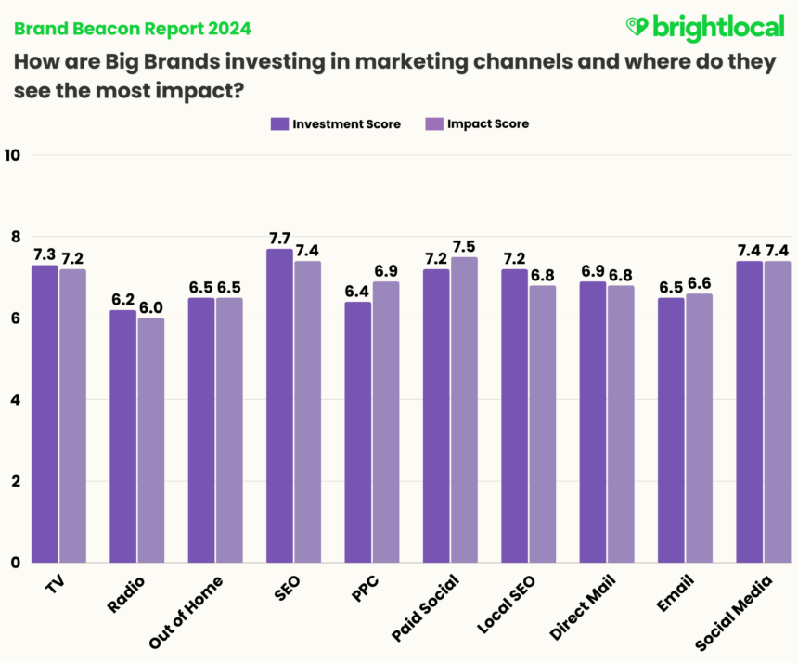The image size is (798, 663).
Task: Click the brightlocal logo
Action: coord(705,27)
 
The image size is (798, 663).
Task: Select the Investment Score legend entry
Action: coord(335,123)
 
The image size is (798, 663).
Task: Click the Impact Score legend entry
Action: coord(476,123)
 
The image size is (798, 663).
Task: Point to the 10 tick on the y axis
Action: coord(12,155)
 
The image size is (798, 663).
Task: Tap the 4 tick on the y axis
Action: coord(14,399)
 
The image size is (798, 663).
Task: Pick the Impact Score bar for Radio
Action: coord(150,440)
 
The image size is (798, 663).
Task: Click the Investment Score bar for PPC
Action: coord(358,432)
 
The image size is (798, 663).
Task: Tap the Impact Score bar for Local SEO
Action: coord(542,423)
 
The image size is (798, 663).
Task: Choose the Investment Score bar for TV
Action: coord(45,413)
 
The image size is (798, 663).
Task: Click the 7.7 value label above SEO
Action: coord(279,238)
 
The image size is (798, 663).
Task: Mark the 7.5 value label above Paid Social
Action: coord(464,246)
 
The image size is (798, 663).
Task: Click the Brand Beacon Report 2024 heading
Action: coord(132,29)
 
